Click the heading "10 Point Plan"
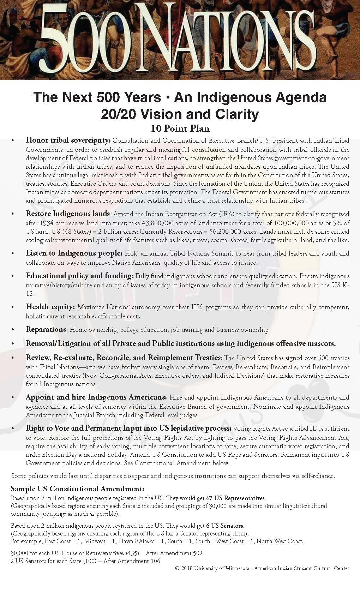coord(180,128)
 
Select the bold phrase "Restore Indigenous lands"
coord(68,214)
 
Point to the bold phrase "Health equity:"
coord(50,307)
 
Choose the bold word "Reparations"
coord(46,329)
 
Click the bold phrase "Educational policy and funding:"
coord(80,276)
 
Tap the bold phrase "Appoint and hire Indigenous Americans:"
coord(96,397)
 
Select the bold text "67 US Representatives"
coord(235,498)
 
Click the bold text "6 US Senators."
coord(225,526)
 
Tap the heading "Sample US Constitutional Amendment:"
coord(77,489)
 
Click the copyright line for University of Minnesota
coord(262,568)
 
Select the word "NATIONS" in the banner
coord(219,42)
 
